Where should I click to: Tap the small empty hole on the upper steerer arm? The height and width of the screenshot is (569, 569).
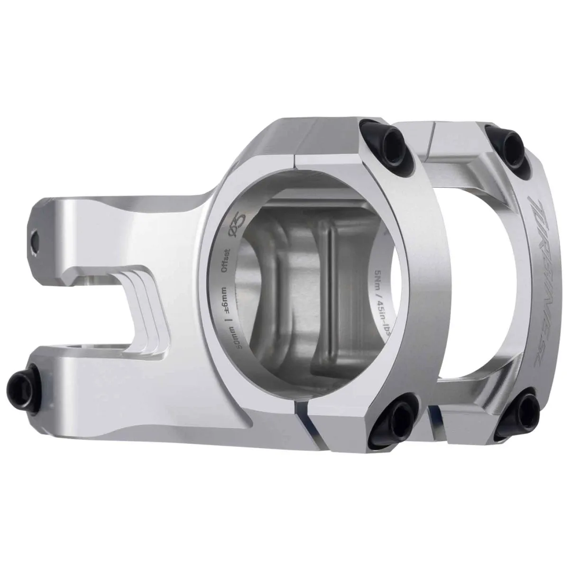point(34,240)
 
